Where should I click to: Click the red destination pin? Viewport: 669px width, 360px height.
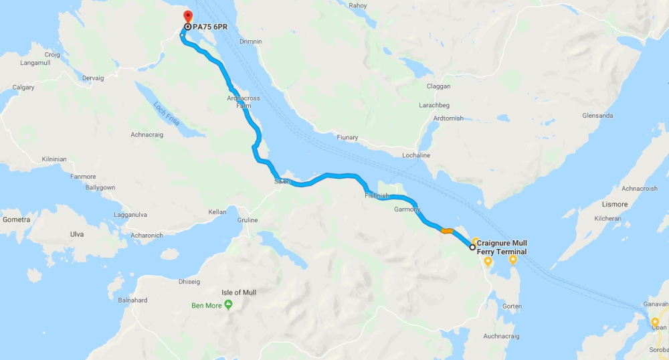(187, 16)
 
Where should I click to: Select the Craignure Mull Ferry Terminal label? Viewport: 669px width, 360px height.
(501, 247)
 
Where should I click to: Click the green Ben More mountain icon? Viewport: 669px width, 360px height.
(228, 305)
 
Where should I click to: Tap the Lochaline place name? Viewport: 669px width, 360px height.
(416, 155)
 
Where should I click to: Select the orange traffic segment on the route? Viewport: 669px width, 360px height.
(447, 232)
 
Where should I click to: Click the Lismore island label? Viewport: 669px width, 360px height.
(615, 204)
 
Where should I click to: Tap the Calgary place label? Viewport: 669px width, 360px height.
(23, 88)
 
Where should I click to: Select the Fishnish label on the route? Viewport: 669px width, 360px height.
(377, 196)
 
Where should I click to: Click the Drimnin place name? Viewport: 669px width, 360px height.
(250, 41)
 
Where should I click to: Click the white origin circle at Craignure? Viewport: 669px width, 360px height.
(473, 248)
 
